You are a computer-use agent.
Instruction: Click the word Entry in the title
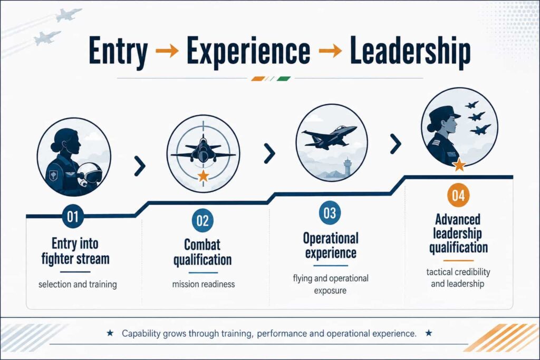(x=118, y=52)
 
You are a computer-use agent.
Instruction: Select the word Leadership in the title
(x=410, y=52)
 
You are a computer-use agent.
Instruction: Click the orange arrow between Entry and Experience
(x=167, y=51)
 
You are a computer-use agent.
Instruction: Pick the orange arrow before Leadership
(x=330, y=51)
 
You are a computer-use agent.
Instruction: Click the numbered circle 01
(x=73, y=217)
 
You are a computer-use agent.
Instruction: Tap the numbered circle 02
(x=202, y=221)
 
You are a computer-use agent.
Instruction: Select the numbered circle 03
(x=330, y=213)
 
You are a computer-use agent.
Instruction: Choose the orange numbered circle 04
(x=458, y=196)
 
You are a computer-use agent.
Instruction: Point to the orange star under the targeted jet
(x=203, y=176)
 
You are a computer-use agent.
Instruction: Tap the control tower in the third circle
(x=348, y=167)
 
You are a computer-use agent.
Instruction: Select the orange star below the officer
(x=459, y=165)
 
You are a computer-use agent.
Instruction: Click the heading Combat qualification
(x=202, y=252)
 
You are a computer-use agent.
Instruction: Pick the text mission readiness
(x=204, y=284)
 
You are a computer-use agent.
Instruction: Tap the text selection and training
(x=78, y=284)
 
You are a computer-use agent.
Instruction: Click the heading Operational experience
(x=331, y=246)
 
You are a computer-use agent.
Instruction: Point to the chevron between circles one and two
(x=140, y=166)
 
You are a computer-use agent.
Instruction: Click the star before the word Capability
(x=110, y=333)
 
